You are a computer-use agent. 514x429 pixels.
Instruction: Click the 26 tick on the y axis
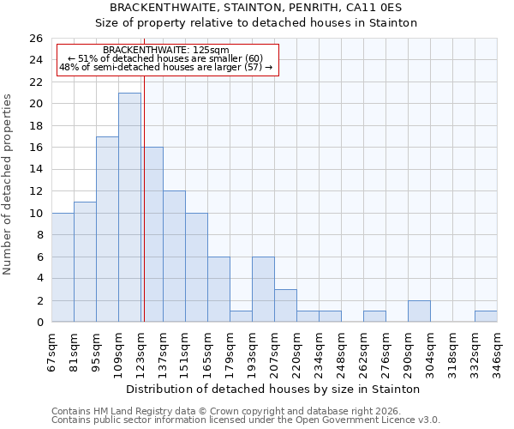pos(35,39)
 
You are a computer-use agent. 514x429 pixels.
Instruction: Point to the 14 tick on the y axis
pos(35,169)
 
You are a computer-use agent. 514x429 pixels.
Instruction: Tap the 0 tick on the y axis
pos(39,323)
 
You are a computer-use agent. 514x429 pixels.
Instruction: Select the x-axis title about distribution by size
pos(278,389)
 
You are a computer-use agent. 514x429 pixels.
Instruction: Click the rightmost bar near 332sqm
pos(486,317)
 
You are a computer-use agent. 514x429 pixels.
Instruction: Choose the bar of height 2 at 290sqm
pos(419,311)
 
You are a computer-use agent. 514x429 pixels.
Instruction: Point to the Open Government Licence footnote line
pos(246,420)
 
